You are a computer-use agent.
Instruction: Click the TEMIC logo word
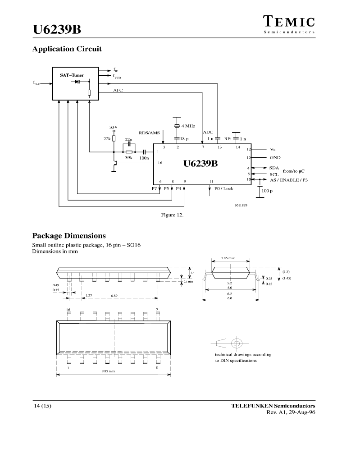289,22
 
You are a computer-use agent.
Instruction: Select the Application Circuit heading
67,49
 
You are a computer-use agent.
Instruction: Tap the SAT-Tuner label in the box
72,75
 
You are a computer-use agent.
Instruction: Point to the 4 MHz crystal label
188,126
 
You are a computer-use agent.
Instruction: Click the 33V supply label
114,127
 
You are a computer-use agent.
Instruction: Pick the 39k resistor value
129,158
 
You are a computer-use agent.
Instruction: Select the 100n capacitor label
144,158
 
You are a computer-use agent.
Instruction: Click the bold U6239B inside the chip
201,164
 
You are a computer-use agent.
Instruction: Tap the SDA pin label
274,168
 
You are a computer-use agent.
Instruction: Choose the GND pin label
275,158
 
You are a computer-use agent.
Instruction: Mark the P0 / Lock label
224,188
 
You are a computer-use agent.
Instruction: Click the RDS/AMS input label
149,133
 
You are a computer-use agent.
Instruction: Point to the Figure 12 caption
172,215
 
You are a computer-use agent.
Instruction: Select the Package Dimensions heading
69,236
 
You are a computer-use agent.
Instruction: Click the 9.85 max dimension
109,371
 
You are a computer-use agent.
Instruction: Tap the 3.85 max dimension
228,258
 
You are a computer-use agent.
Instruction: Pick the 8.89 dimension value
114,295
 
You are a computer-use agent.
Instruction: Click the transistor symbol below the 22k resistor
115,163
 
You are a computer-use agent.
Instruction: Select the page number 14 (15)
42,406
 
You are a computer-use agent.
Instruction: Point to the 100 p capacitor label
267,191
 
